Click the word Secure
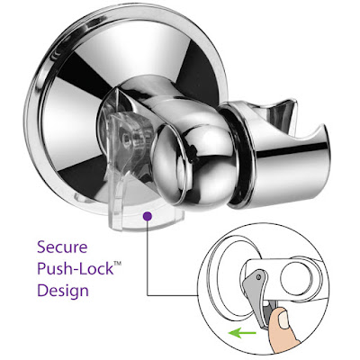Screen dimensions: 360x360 62,247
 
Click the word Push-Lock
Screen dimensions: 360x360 76,268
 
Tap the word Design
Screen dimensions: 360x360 63,291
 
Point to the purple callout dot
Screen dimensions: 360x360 148,216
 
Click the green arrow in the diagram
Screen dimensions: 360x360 242,333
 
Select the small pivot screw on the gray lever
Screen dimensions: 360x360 258,277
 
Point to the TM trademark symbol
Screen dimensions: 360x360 117,264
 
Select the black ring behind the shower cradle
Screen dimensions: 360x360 238,156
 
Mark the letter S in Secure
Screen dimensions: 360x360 41,247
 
